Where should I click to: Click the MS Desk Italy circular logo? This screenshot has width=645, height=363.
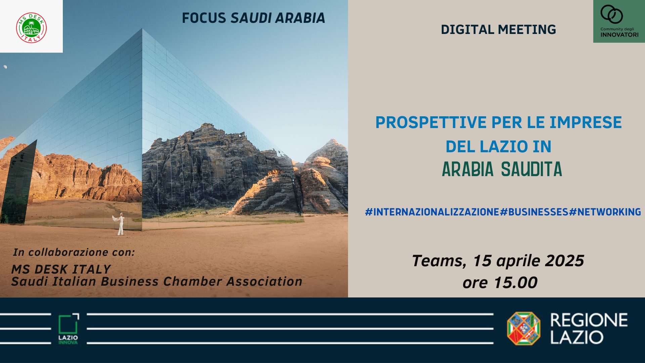[x=31, y=28]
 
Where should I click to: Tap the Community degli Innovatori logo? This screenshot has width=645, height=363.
[x=619, y=21]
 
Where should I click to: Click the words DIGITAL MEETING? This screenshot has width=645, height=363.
[x=498, y=30]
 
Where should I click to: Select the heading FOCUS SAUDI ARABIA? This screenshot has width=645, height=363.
[x=253, y=18]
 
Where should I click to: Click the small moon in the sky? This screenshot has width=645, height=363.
[x=5, y=67]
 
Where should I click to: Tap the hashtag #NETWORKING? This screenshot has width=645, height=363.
[x=605, y=212]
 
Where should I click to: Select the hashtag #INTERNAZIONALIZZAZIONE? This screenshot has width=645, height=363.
[x=432, y=212]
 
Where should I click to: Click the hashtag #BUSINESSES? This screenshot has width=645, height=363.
[x=534, y=212]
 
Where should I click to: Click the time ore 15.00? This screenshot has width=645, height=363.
[x=500, y=283]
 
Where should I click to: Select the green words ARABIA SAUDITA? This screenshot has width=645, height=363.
[x=502, y=169]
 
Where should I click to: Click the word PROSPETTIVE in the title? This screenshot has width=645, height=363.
[x=426, y=122]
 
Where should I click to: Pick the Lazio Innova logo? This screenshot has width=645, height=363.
[x=68, y=329]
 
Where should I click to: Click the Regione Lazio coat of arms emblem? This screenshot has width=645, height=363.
[x=523, y=328]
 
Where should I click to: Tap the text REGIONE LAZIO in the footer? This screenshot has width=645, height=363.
[x=589, y=328]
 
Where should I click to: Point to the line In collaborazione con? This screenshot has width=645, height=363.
[x=74, y=252]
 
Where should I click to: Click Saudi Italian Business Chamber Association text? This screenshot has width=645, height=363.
[x=157, y=282]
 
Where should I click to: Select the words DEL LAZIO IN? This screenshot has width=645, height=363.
[x=499, y=147]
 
